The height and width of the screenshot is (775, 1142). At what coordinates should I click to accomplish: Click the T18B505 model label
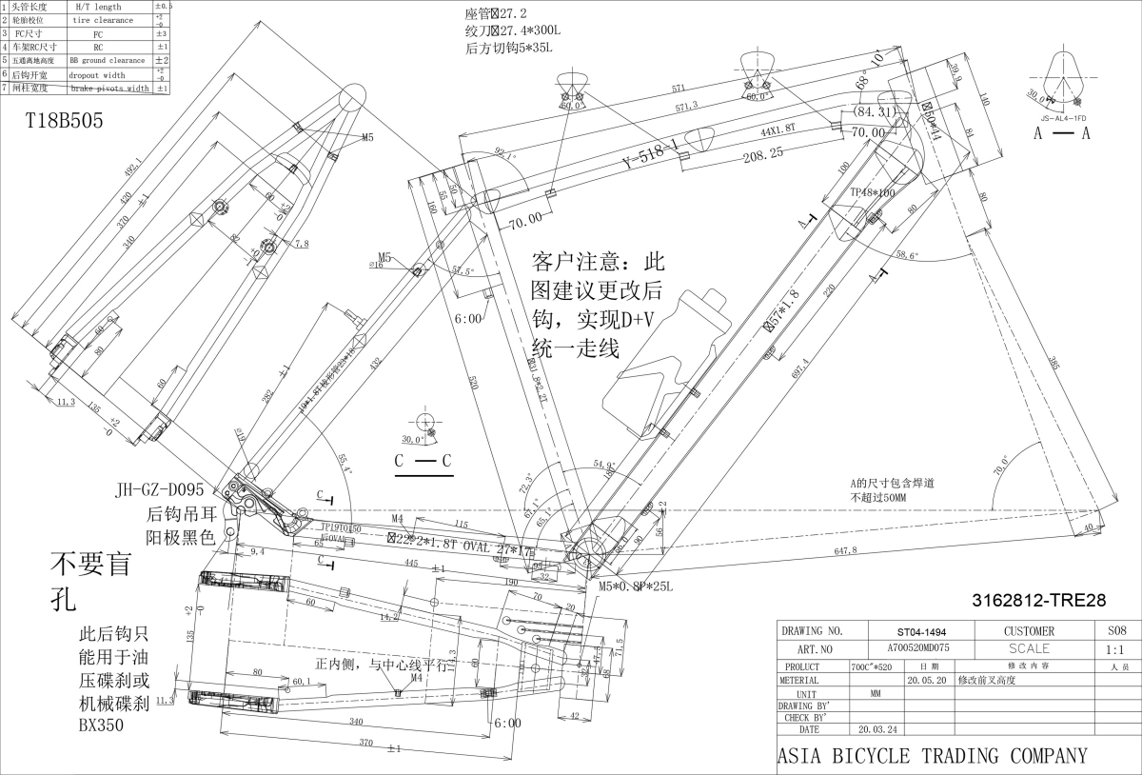[65, 121]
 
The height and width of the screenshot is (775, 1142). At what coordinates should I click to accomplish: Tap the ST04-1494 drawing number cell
[921, 631]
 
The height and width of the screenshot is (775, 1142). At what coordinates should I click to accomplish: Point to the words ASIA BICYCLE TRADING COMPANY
[932, 756]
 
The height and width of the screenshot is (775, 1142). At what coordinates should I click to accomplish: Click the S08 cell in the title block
[1117, 630]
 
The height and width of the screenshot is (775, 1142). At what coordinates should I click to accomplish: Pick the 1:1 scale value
[1117, 649]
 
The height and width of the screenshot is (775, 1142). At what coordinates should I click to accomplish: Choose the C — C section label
[423, 461]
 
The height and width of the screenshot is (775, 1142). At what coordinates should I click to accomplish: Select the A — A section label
[1062, 133]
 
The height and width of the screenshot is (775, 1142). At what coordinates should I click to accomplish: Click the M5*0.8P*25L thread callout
[636, 586]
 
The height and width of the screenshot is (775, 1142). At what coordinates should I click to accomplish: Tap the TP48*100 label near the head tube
[873, 191]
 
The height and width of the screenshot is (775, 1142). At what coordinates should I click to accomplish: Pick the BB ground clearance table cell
[107, 60]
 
